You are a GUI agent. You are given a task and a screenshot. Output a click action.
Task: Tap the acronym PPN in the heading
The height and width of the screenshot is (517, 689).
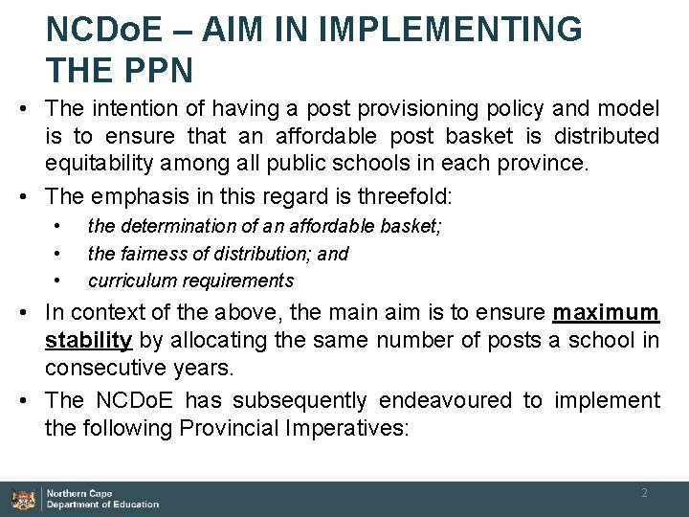[153, 69]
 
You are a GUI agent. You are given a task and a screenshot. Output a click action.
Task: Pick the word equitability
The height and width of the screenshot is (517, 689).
[98, 164]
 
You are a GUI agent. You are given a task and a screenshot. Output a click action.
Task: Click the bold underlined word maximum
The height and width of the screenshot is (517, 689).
[606, 313]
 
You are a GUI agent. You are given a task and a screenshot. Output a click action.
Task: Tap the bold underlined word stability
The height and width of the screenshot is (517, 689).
[88, 340]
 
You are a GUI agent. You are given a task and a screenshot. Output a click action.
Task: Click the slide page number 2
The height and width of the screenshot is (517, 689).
[644, 492]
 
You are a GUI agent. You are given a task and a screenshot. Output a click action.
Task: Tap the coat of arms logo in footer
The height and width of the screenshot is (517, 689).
[22, 499]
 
